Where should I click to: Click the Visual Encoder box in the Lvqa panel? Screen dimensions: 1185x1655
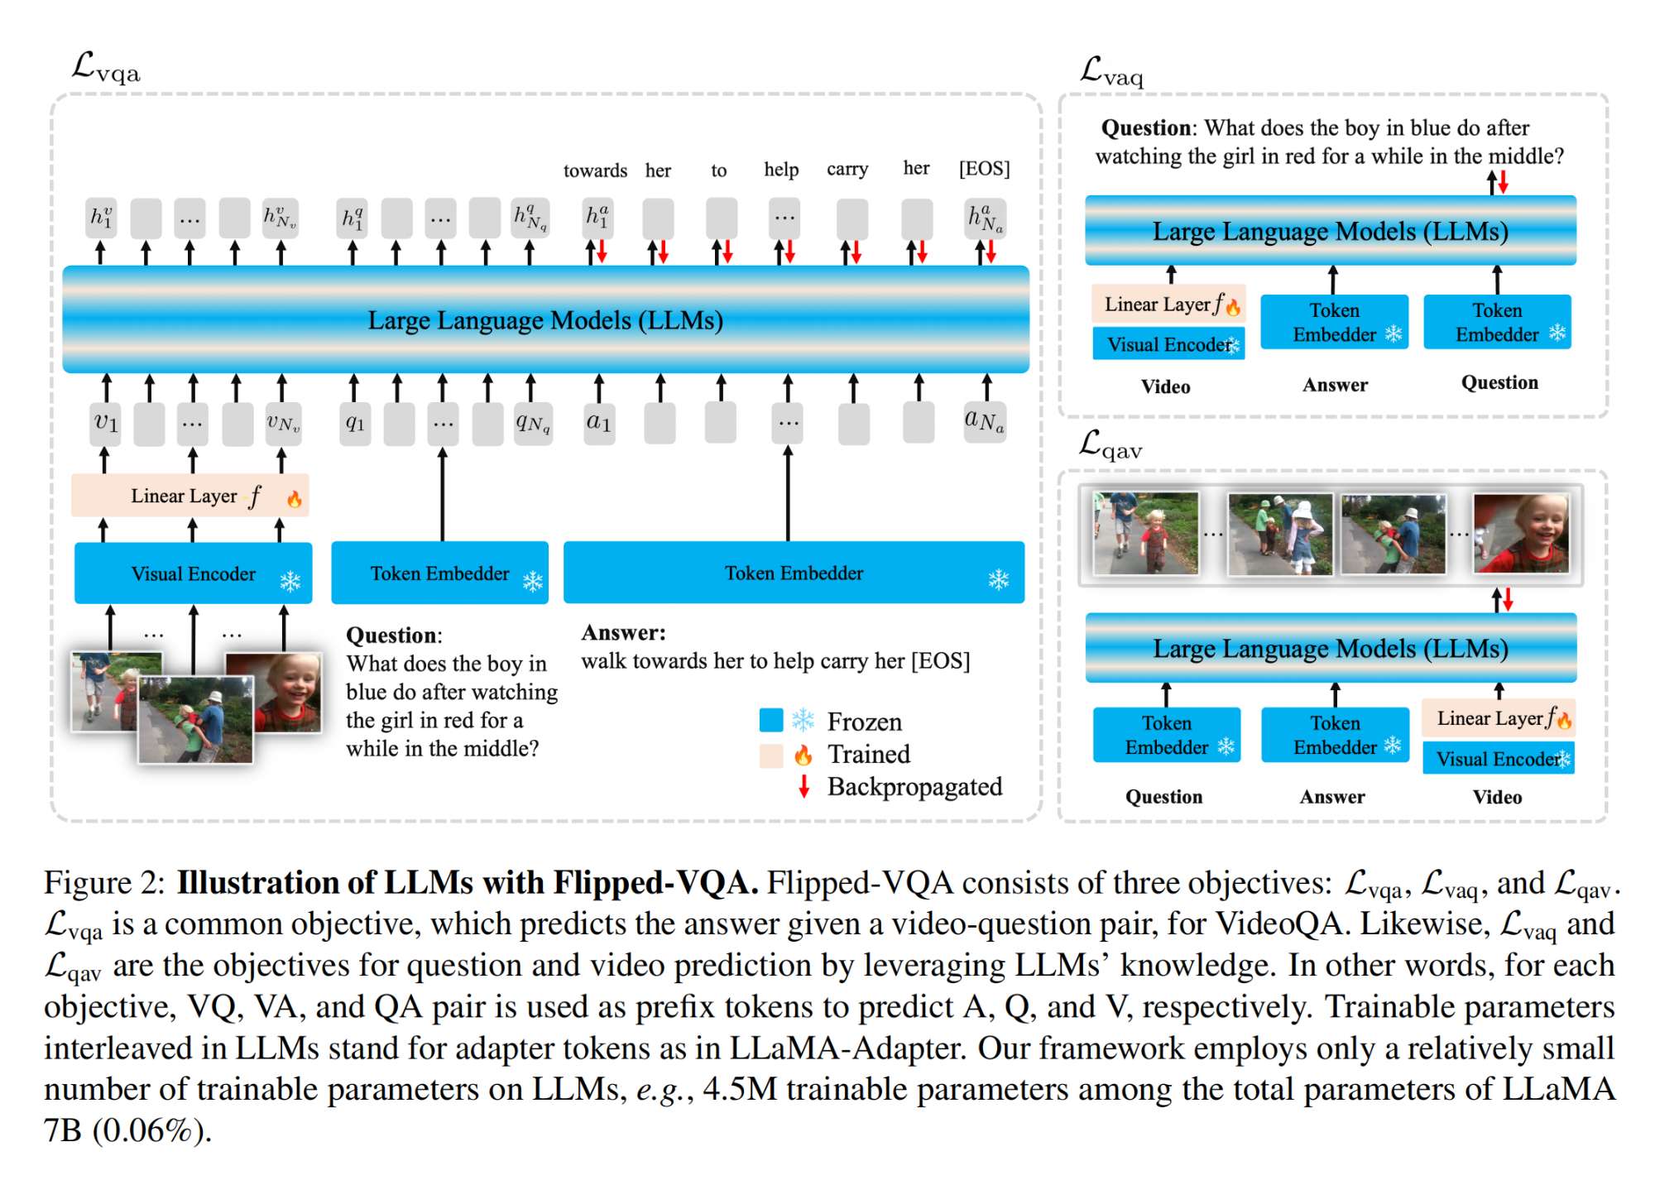[193, 573]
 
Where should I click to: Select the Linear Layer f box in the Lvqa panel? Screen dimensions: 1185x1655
[189, 496]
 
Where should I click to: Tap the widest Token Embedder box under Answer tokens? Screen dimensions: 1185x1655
[794, 573]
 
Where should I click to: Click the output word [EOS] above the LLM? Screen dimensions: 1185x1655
[984, 169]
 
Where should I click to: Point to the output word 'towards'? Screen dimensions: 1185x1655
[595, 170]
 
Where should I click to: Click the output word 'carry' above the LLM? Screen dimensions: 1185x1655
[847, 169]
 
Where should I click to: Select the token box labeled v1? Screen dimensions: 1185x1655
[106, 423]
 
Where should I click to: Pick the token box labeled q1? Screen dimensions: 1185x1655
[355, 423]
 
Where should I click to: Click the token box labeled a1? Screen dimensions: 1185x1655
[599, 423]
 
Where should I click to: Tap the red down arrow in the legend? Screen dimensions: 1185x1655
[804, 785]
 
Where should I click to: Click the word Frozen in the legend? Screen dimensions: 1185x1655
[864, 722]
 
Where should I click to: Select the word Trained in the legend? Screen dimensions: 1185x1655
[869, 754]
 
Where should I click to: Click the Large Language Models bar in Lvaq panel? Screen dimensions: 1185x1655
[1330, 231]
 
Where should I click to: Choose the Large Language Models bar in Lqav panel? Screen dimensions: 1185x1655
[1330, 648]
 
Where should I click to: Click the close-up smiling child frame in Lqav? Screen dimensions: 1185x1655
[1521, 533]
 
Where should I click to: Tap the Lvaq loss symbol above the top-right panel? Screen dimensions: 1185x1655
[1111, 72]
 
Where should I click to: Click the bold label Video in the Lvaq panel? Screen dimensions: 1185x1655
[1165, 386]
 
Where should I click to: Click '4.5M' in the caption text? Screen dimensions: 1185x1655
[740, 1089]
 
